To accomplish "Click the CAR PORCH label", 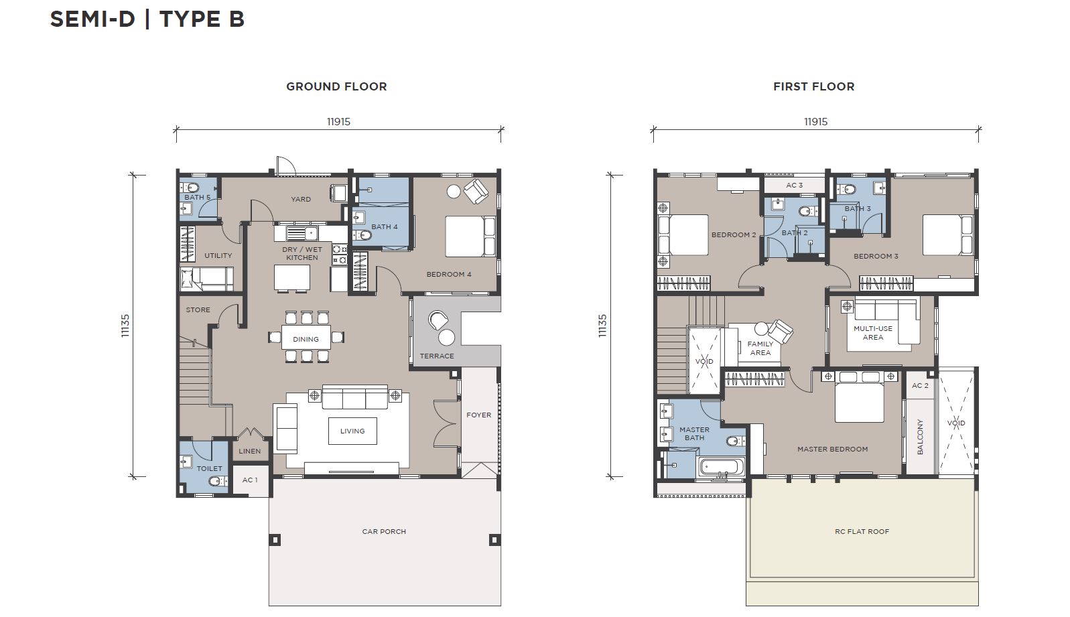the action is click(x=384, y=531).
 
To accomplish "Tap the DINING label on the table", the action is click(x=306, y=339).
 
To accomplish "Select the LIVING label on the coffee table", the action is click(x=352, y=431).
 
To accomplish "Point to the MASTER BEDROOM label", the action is click(x=833, y=449).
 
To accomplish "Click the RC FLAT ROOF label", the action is click(x=862, y=531).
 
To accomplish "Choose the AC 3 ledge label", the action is click(x=795, y=186).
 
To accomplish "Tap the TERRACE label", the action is click(x=437, y=356).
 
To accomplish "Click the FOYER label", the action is click(x=478, y=415).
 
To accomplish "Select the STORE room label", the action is click(x=198, y=310).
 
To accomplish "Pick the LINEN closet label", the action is click(x=250, y=451).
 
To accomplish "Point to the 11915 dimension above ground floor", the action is click(x=338, y=122).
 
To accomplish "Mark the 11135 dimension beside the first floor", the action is click(x=602, y=326).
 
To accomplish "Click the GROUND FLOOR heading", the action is click(x=337, y=86).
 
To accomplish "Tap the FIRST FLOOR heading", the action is click(x=814, y=86).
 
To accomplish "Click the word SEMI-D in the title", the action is click(x=92, y=19).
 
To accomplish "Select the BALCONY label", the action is click(x=920, y=437).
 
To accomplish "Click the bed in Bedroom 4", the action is click(x=471, y=236).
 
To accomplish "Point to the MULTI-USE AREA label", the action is click(x=873, y=333).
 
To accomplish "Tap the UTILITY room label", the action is click(x=218, y=255).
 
